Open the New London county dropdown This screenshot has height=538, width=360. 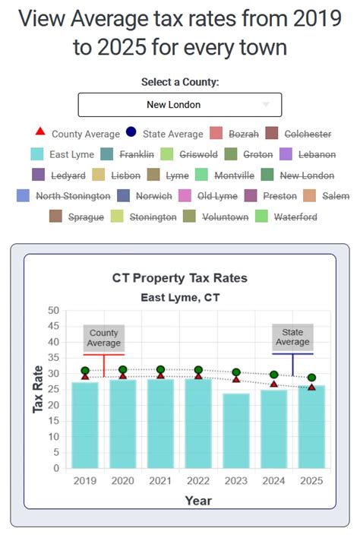179,105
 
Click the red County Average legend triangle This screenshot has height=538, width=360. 40,134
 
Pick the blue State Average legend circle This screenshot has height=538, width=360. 131,134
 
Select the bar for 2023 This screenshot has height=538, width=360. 236,430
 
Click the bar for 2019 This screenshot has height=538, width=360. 85,425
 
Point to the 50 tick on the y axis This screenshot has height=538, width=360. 53,310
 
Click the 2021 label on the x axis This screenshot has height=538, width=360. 160,481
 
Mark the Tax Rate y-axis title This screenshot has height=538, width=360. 37,388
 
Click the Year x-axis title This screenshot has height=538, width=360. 198,500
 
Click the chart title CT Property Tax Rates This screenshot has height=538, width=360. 180,278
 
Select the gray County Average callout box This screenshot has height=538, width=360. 104,338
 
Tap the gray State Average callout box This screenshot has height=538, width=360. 292,338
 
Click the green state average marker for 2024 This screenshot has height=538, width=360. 274,375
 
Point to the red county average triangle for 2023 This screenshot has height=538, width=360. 236,378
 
